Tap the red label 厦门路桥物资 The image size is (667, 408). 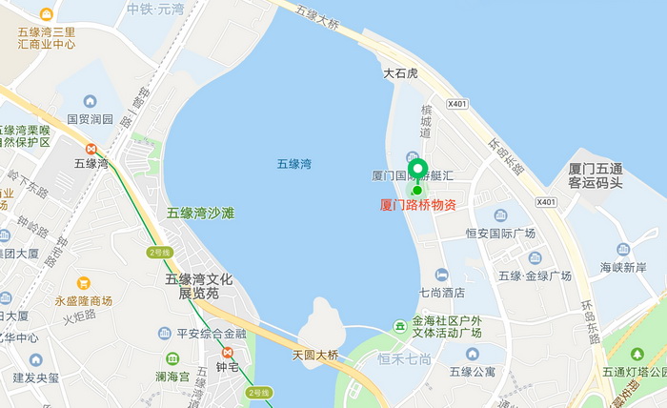coord(418,204)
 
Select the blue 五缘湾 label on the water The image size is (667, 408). coord(294,164)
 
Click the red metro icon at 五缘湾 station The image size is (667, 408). coord(91,148)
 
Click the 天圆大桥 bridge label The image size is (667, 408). coord(315,355)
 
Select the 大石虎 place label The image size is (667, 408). coord(401,72)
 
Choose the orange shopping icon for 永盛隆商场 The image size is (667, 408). coord(83,283)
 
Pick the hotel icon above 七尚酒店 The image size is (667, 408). coord(440,275)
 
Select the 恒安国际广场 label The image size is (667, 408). coord(500,233)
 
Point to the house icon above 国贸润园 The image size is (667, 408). coord(90,101)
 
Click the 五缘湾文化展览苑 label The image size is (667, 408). coord(199,286)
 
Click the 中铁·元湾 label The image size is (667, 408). coord(155,9)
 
